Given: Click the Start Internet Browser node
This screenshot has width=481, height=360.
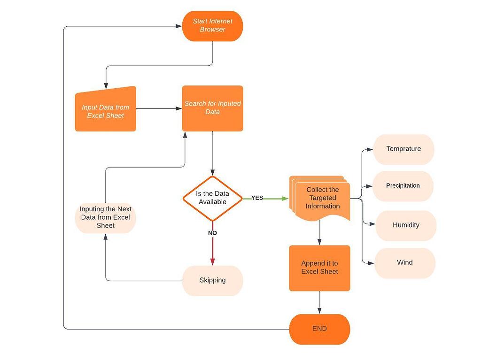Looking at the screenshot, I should click(212, 26).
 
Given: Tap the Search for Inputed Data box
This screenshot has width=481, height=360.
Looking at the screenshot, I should click(212, 108).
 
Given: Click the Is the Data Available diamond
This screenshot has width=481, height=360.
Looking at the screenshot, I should click(212, 198).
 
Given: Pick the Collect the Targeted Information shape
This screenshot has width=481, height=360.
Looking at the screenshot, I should click(322, 198).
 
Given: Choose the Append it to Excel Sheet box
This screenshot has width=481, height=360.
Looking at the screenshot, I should click(319, 268).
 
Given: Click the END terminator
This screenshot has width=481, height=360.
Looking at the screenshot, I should click(319, 329).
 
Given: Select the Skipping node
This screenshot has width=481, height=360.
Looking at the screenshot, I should click(212, 281).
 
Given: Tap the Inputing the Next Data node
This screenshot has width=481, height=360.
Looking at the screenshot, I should click(105, 217).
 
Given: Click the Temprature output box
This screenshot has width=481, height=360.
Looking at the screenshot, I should click(403, 149).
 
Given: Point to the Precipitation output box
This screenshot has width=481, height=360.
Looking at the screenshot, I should click(403, 186).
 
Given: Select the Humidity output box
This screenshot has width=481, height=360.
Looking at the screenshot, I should click(406, 225).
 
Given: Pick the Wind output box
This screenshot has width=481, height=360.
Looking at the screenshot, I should click(404, 263).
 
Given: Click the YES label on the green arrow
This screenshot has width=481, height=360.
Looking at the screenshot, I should click(257, 198).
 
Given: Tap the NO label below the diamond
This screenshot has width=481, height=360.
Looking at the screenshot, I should click(212, 233).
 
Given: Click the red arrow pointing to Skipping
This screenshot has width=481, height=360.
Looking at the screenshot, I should click(212, 251).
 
